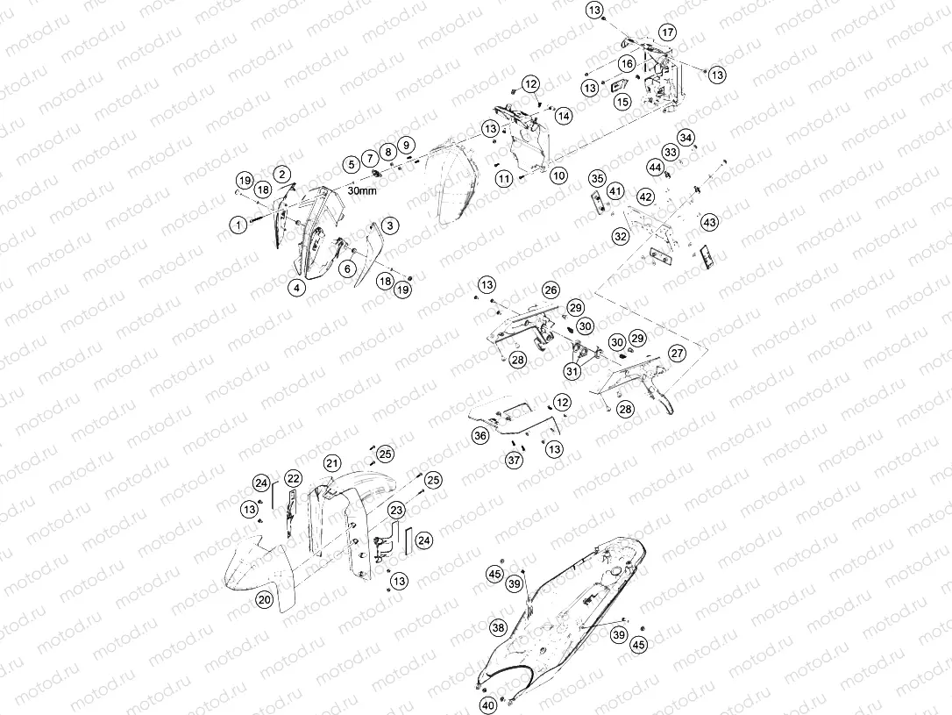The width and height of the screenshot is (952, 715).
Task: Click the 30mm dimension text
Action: click(362, 190)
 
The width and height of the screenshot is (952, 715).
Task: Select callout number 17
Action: click(667, 32)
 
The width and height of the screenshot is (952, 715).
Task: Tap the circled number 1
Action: click(239, 225)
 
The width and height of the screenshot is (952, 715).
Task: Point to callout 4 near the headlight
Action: click(297, 288)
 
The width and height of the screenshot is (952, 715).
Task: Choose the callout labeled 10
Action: click(558, 176)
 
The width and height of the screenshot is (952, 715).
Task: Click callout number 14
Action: click(564, 116)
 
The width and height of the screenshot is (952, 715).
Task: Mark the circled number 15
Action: click(623, 102)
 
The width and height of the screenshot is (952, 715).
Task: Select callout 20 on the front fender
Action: click(264, 600)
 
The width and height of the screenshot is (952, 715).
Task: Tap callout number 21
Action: click(331, 463)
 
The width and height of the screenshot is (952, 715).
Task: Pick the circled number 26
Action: click(551, 290)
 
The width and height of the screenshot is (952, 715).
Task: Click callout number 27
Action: click(677, 353)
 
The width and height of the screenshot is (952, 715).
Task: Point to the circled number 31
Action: click(572, 370)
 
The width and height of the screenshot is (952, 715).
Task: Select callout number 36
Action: click(480, 435)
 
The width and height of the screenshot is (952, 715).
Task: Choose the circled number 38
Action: click(498, 627)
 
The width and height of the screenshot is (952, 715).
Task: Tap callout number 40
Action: click(488, 705)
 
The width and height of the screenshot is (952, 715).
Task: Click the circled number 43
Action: click(710, 222)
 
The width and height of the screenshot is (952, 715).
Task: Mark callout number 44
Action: click(655, 167)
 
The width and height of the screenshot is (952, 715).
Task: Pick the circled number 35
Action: click(598, 179)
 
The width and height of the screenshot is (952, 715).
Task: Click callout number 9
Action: click(406, 145)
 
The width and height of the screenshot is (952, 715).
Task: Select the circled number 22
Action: click(294, 479)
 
